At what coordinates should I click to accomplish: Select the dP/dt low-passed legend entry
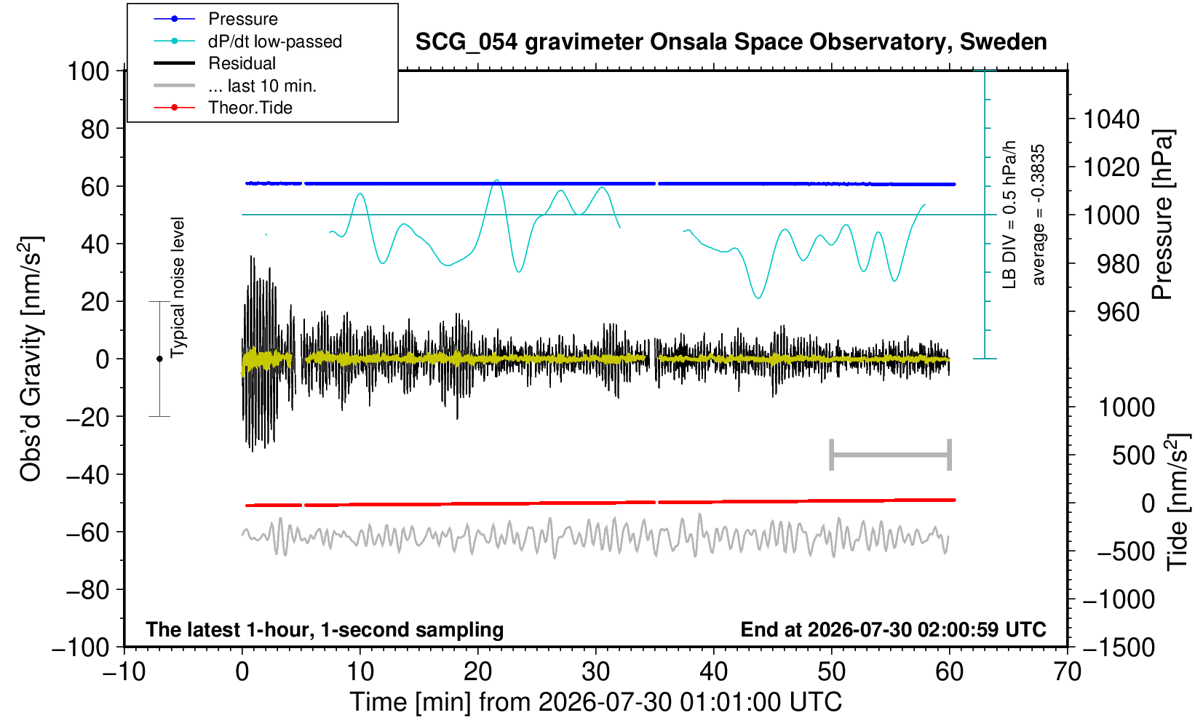point(247,41)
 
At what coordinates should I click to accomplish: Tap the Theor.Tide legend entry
point(223,108)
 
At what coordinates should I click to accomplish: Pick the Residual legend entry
point(215,63)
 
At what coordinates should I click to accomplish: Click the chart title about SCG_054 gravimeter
point(731,42)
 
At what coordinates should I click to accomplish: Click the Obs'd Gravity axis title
point(31,359)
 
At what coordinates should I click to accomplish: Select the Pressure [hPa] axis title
point(1163,215)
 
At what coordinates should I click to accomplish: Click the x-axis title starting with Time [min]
point(595,702)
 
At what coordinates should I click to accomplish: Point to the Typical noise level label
point(178,288)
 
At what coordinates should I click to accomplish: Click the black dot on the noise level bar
point(159,359)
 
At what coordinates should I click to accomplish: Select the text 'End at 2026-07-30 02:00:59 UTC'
point(893,629)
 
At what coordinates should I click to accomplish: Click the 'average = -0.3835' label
point(1039,215)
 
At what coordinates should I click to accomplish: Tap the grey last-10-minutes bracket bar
point(891,455)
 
